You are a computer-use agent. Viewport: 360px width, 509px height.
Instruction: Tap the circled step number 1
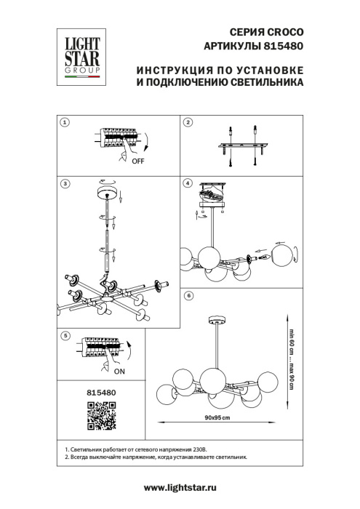(65, 123)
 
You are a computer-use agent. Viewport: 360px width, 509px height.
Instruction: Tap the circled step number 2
(188, 123)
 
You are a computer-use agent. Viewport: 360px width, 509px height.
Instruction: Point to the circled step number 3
(65, 184)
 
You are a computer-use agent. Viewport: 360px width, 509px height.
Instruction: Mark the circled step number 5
(65, 336)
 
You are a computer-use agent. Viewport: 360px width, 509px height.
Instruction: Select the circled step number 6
(188, 296)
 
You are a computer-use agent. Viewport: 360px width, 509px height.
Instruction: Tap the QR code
(87, 417)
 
